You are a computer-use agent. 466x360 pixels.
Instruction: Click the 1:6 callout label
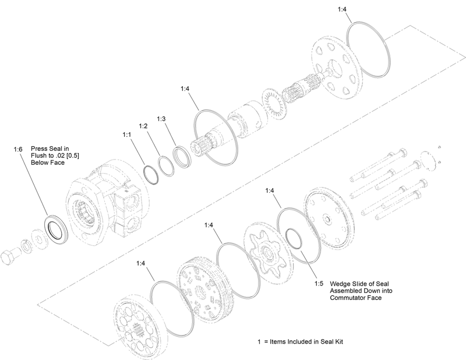pos(19,149)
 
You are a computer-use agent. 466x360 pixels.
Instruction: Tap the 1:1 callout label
pos(126,134)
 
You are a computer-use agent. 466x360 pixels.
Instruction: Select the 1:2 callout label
pos(143,126)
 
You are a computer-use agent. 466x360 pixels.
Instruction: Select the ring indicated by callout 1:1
pos(154,174)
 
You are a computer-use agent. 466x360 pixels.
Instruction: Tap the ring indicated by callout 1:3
pos(184,158)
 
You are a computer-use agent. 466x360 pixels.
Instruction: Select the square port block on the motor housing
pos(129,209)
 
